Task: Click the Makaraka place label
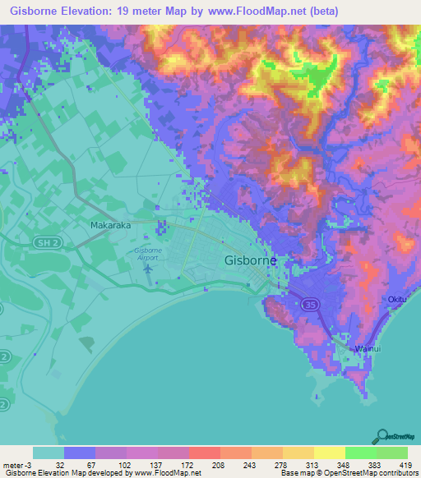pos(110,223)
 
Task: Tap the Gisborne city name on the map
pos(251,260)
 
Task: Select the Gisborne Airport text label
pos(148,253)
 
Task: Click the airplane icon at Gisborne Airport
pos(149,268)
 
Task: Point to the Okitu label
pos(398,301)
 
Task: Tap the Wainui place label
pos(368,349)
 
